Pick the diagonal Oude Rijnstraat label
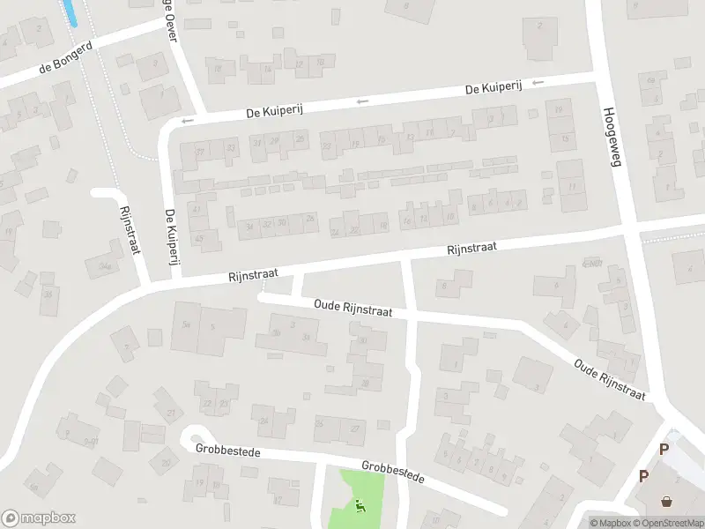(x=609, y=376)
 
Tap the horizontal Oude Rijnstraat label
(x=352, y=308)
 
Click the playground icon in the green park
(x=360, y=506)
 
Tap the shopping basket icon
(x=667, y=502)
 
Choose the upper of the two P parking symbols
(x=664, y=449)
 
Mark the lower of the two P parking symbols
(x=643, y=476)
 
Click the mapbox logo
(x=39, y=518)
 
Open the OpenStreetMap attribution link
(x=671, y=523)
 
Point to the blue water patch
(x=69, y=12)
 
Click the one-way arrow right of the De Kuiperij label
(x=538, y=83)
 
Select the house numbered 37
(x=200, y=153)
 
